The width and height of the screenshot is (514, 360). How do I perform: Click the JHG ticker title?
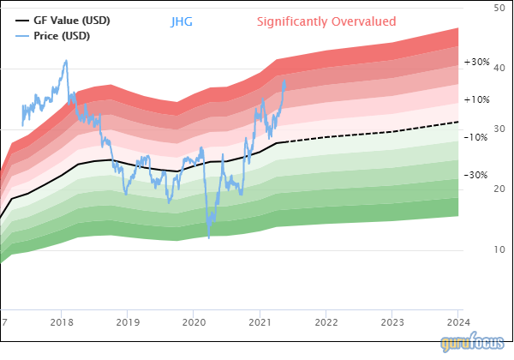click(182, 21)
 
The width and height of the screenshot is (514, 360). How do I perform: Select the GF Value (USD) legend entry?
click(71, 20)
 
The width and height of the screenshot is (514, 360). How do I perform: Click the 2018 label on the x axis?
click(61, 322)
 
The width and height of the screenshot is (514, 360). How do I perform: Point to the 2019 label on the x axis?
click(127, 322)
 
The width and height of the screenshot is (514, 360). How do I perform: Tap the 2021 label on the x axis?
click(260, 322)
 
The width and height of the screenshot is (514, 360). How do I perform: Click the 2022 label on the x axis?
click(326, 322)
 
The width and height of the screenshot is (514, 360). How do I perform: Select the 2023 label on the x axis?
click(391, 322)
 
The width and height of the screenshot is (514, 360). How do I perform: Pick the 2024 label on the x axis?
click(457, 322)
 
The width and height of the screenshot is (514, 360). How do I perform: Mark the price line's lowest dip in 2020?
click(208, 237)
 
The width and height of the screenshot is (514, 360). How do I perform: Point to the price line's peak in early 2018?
click(66, 61)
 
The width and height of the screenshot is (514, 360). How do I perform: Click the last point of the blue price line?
click(285, 81)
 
